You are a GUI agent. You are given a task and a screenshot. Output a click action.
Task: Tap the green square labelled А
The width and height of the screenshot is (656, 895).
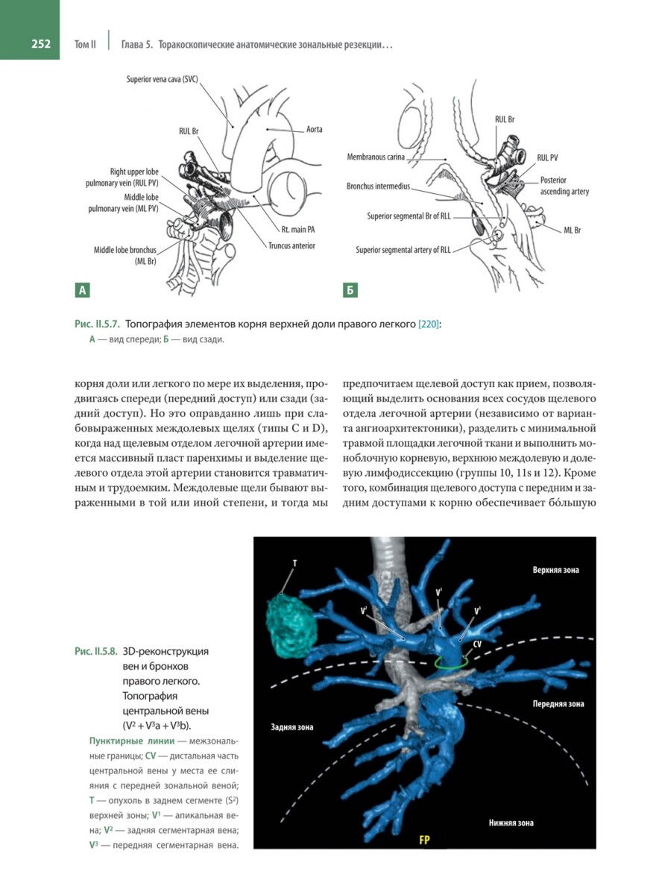81,289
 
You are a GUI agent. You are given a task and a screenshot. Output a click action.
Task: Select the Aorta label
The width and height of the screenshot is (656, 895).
314,129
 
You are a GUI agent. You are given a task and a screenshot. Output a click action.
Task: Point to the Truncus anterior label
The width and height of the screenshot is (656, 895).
292,245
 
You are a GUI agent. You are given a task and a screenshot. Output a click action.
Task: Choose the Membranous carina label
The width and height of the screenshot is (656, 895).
379,157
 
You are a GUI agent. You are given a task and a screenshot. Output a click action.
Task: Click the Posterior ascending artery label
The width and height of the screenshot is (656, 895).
564,186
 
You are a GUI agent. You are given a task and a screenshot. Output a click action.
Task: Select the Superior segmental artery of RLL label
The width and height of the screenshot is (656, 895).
403,250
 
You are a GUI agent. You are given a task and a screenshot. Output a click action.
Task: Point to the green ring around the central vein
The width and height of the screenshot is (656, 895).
452,662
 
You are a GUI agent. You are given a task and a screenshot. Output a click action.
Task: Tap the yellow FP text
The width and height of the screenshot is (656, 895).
424,840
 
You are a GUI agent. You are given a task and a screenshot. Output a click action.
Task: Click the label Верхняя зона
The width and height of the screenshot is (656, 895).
555,570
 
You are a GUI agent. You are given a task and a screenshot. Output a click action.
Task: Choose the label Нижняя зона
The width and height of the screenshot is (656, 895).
511,823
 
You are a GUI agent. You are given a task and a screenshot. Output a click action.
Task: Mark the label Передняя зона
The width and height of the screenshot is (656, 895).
558,703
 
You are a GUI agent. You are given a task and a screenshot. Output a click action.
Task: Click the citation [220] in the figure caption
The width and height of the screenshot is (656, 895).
428,324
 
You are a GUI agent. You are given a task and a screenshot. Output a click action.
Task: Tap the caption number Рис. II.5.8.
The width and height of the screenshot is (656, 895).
96,650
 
